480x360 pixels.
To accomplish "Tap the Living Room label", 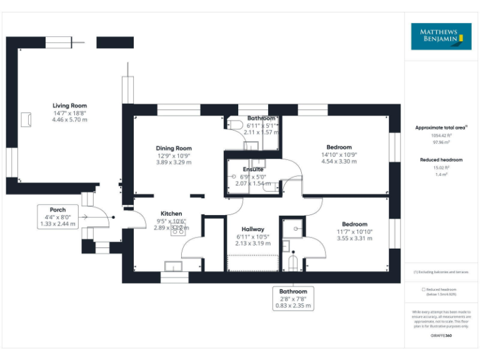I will pos(69,106).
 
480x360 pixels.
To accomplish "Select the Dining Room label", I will pos(174,148).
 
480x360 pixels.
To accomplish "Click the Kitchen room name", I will pos(171,213).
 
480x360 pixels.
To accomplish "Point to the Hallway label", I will pos(253,229).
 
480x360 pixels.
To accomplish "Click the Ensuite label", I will pos(253,169).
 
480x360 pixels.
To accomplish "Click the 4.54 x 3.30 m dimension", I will pos(339,161).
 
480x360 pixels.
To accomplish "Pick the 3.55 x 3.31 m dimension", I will pos(354,238).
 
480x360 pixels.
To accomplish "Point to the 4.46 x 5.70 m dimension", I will pos(69,119).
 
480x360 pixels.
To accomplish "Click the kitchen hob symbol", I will pos(177,228).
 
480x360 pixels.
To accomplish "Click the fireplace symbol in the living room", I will pos(26,119).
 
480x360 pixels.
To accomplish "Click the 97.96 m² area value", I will pos(441,142).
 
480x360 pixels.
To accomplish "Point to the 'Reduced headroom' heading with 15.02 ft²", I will pos(441,160).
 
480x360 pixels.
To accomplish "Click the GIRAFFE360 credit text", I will pos(441,336).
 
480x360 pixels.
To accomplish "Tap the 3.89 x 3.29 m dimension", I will pos(174,162).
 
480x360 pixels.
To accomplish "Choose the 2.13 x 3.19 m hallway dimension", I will pos(253,244).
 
